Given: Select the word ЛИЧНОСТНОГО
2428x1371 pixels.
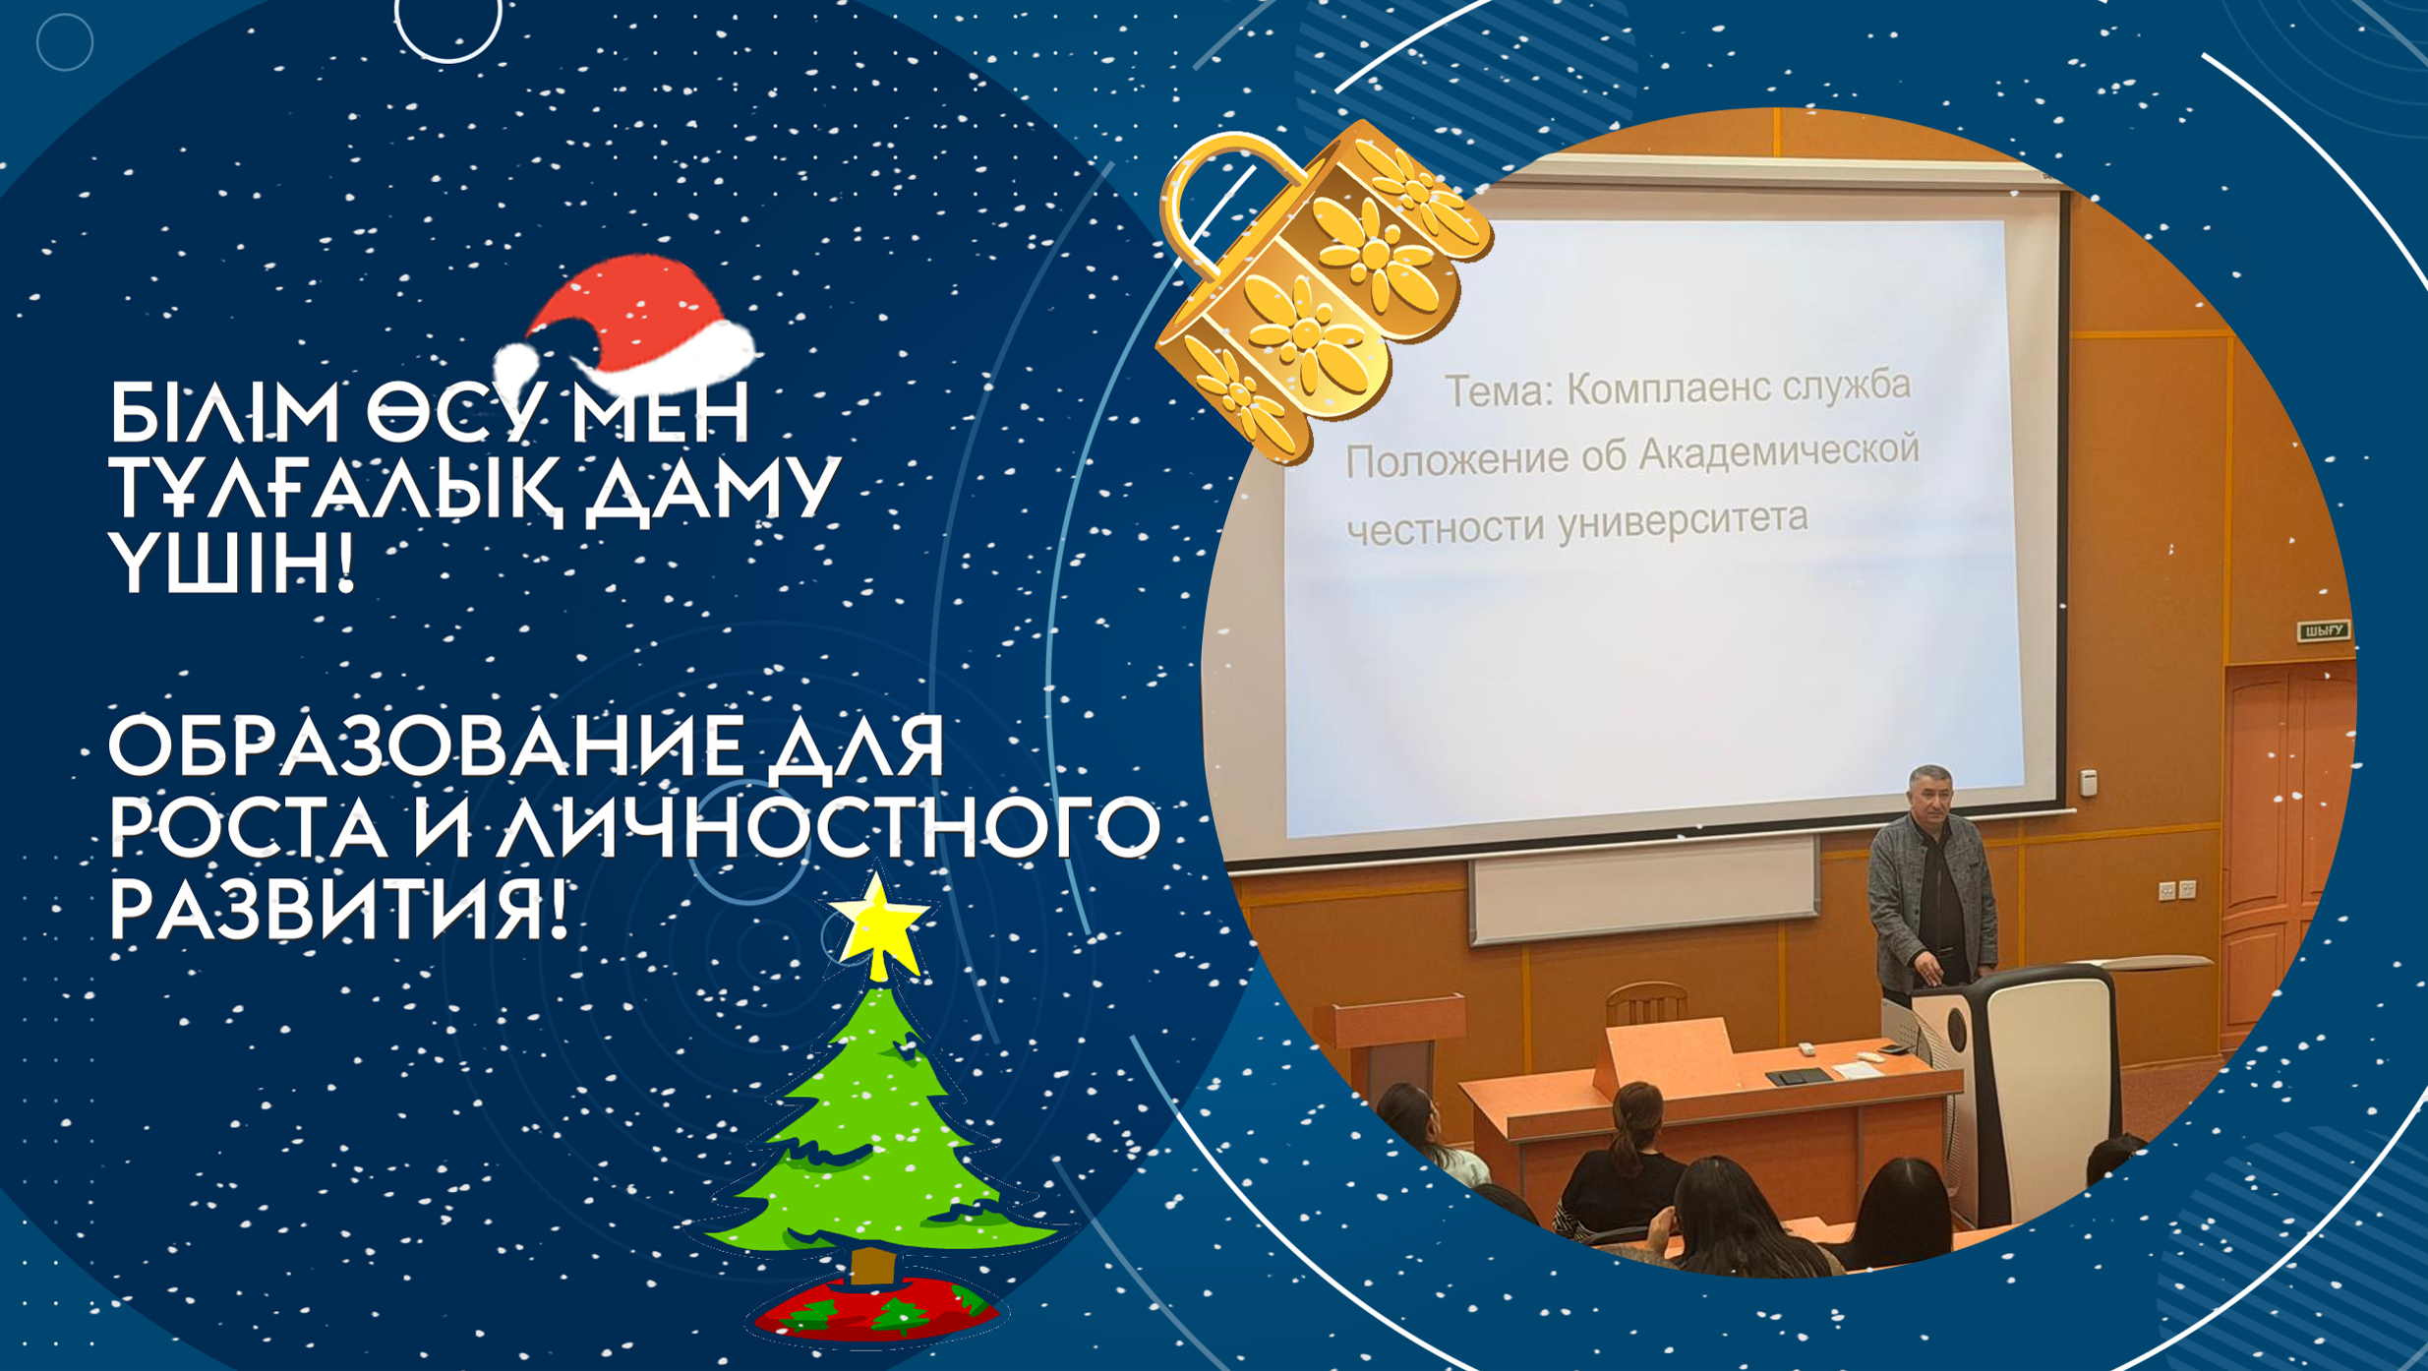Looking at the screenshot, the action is (x=827, y=827).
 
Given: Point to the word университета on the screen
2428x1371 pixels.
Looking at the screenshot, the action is (x=1682, y=521).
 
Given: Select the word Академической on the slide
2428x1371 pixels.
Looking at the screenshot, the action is (x=1779, y=451).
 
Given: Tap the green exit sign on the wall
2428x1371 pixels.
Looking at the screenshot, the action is (x=2324, y=630).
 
